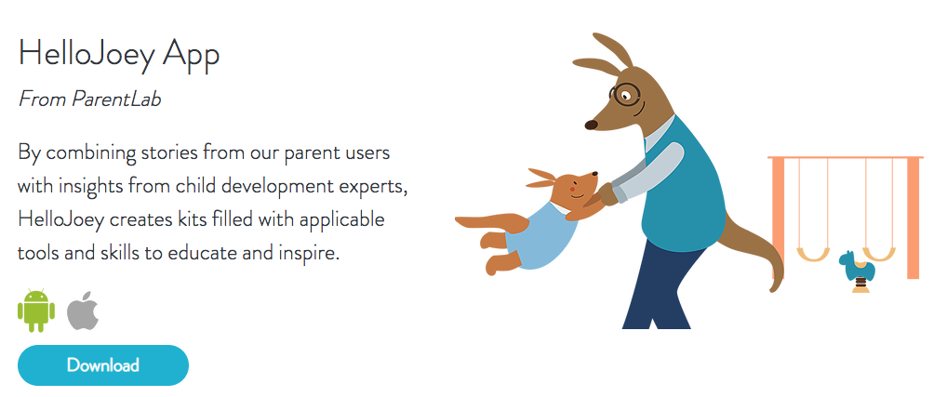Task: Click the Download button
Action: [103, 365]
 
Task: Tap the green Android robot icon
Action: [36, 311]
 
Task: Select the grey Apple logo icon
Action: [83, 311]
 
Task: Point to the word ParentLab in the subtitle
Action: [116, 99]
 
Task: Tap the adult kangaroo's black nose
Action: [591, 125]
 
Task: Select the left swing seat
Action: [814, 254]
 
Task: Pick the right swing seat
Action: [879, 254]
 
